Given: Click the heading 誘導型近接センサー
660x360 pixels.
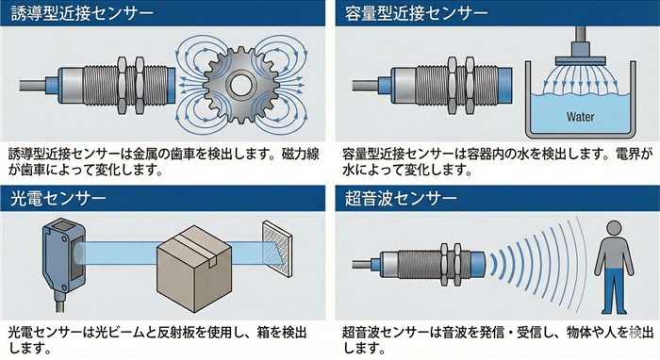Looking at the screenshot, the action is click(x=82, y=13).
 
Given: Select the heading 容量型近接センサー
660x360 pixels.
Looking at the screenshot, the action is click(x=417, y=13).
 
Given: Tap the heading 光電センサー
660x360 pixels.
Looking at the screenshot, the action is click(x=58, y=198).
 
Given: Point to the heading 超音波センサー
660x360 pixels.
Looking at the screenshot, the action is click(x=401, y=198).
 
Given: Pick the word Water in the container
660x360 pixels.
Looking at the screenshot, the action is click(x=581, y=117).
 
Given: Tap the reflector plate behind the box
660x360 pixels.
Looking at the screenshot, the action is click(x=277, y=249).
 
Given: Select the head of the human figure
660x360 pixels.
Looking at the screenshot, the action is click(x=614, y=229).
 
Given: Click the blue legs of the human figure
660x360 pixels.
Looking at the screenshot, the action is click(x=614, y=290).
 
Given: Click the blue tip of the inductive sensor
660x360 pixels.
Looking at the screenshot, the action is click(x=172, y=85).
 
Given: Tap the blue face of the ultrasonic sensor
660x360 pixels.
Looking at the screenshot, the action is click(x=478, y=266).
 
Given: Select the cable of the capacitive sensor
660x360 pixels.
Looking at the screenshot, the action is click(x=366, y=86).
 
